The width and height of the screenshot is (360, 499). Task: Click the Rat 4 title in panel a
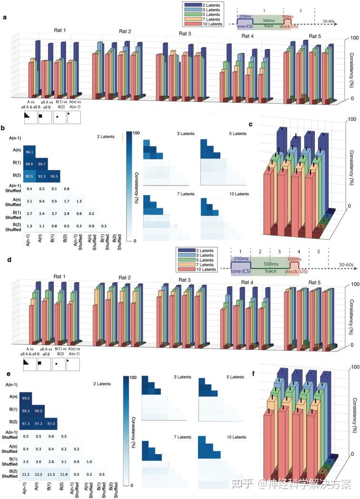pos(247,36)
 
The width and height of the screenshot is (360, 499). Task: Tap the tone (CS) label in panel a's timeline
pos(244,27)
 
